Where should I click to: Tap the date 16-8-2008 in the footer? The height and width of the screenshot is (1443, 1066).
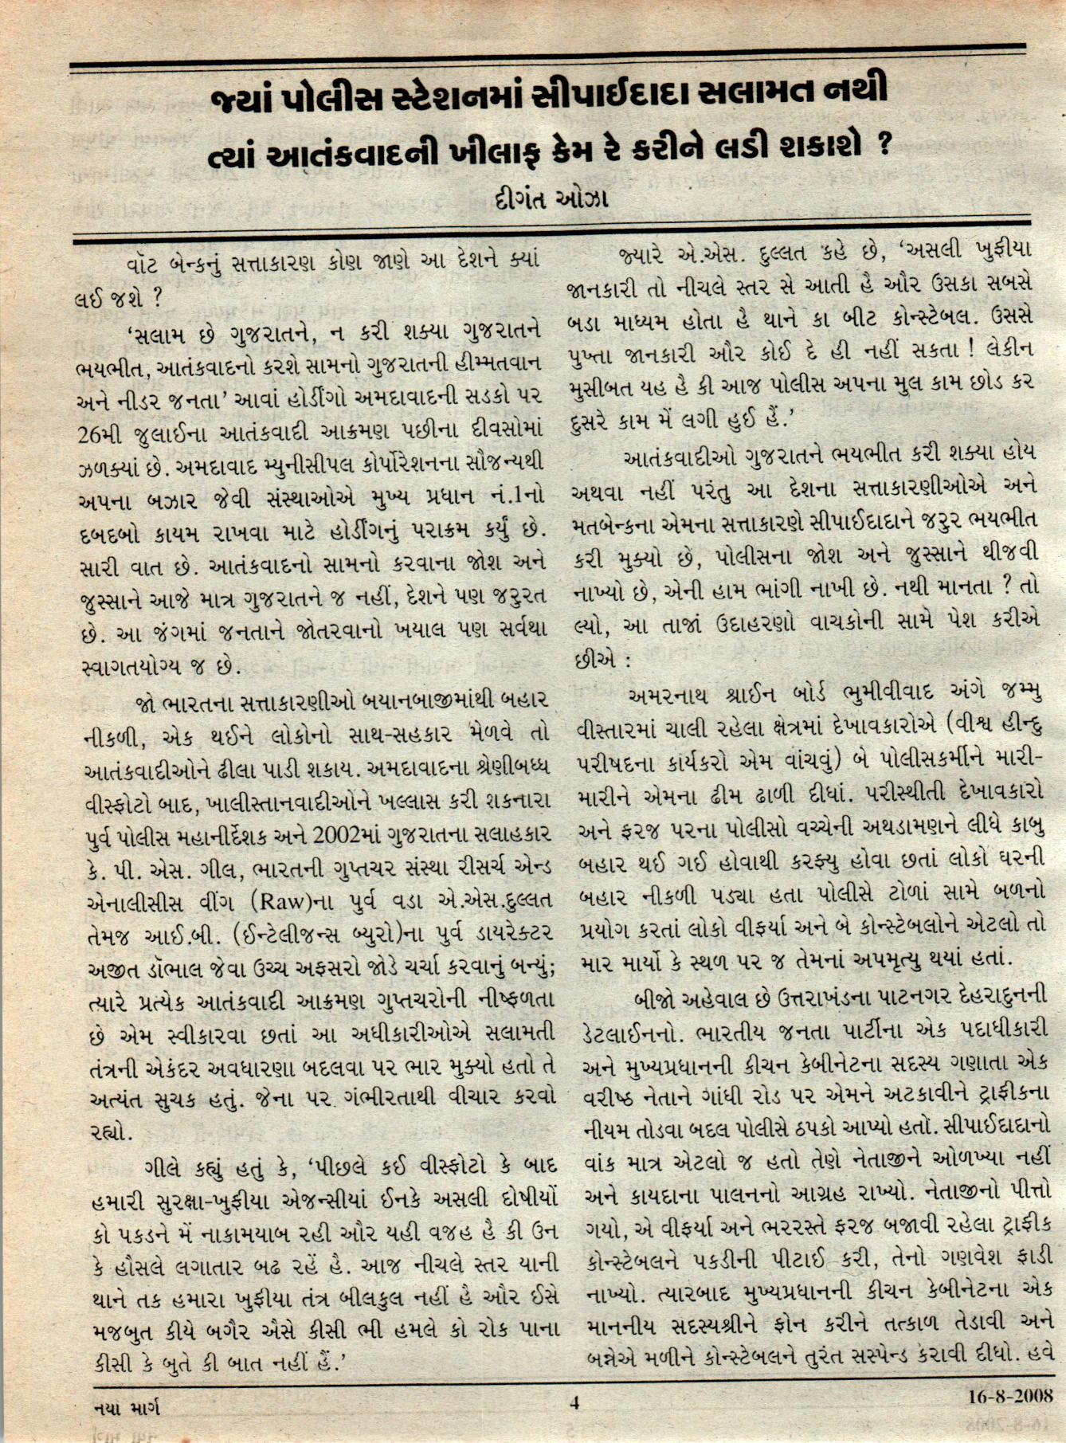(1010, 1396)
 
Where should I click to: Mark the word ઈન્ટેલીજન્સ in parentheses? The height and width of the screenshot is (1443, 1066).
(288, 935)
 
